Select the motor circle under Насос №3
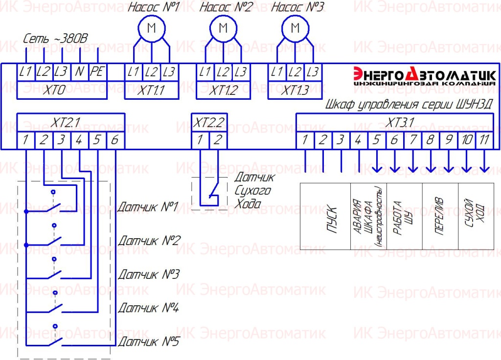point(295,28)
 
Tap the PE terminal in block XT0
point(97,72)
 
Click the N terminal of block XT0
point(79,72)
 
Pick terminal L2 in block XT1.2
point(223,72)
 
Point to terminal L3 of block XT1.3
point(312,72)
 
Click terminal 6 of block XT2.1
point(114,140)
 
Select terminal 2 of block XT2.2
point(217,140)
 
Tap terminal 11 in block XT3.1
point(484,140)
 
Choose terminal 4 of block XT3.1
point(358,140)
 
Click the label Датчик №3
point(149,274)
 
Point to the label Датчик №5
point(149,341)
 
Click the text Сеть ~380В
point(55,39)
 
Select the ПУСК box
point(325,217)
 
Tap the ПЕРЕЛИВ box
point(440,217)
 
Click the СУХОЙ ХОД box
point(476,217)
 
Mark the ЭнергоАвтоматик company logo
point(424,77)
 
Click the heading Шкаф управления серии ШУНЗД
point(409,105)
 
